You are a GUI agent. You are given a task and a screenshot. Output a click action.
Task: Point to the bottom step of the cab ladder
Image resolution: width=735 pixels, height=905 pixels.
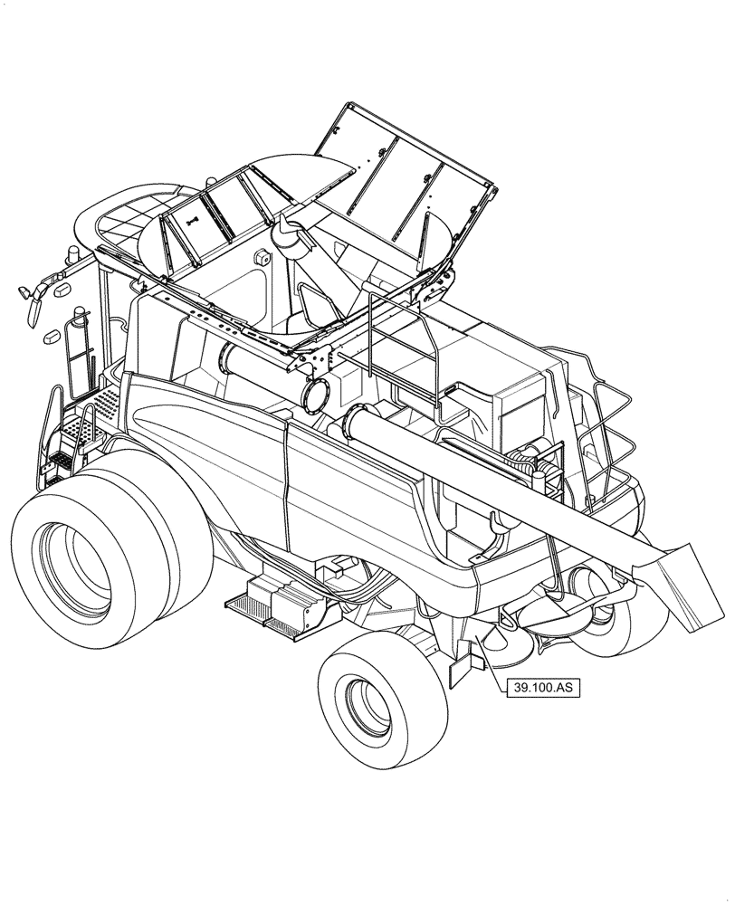60,462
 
